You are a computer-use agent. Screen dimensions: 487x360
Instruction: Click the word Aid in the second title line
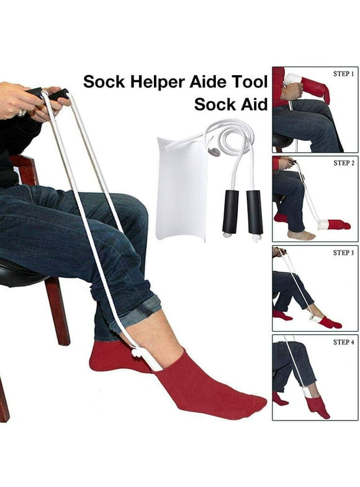255,104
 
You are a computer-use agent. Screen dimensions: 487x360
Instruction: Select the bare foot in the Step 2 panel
301,234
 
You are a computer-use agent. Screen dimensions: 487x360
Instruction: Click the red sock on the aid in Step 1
315,89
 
